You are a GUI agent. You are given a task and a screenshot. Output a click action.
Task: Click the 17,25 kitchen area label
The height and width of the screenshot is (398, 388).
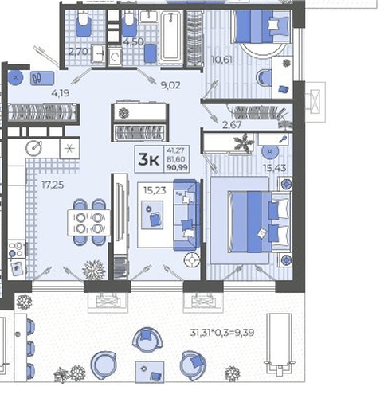53,185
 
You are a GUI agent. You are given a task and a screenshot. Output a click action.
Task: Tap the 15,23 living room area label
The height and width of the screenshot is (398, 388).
155,190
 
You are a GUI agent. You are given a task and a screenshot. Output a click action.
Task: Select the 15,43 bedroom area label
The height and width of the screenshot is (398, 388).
275,168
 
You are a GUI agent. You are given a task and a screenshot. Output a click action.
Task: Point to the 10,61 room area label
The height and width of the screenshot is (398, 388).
221,60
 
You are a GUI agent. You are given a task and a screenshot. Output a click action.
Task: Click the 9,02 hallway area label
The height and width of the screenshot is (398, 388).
170,85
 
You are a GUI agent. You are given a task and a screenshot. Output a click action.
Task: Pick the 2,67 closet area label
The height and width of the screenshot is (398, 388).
232,125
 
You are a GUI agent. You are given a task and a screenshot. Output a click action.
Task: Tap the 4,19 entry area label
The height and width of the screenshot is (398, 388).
61,93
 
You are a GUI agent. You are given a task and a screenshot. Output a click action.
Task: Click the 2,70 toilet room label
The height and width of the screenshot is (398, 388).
78,51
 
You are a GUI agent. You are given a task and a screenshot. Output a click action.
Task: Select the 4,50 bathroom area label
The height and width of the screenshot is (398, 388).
134,41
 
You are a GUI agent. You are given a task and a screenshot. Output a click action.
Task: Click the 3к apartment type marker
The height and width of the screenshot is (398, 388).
148,160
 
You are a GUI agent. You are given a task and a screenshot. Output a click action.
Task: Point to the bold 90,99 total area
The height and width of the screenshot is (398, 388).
177,168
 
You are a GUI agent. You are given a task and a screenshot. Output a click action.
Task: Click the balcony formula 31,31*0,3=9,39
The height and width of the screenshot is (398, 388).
222,333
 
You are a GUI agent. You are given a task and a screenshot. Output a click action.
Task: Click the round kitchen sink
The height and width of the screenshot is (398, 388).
33,148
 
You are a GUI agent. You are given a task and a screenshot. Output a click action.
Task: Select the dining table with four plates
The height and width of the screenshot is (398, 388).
88,222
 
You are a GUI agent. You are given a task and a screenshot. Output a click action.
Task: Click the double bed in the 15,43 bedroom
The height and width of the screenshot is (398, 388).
260,221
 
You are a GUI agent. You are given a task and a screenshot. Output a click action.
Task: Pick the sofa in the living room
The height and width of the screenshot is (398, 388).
186,215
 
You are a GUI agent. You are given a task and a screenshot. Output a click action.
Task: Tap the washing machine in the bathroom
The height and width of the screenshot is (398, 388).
115,57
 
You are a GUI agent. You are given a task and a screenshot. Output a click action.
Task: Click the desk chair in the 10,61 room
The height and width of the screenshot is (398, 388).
265,78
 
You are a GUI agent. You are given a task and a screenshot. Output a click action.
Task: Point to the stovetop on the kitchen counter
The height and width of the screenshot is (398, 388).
17,249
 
